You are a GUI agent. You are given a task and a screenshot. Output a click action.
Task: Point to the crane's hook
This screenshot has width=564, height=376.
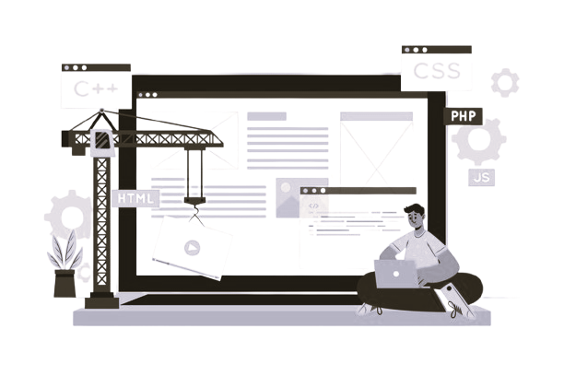click(194, 214)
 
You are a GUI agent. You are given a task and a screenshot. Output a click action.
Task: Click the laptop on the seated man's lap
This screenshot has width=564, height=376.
click(395, 273)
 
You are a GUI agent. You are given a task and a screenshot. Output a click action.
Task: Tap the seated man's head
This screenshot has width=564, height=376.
click(416, 218)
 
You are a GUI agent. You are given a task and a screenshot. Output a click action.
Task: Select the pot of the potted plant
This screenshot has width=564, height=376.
click(65, 282)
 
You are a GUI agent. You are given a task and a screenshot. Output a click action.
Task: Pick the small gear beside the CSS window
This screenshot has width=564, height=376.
click(504, 82)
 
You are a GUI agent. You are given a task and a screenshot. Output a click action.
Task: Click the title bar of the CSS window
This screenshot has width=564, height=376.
click(436, 50)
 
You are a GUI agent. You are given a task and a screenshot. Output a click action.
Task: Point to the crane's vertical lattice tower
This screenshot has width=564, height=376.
click(100, 230)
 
